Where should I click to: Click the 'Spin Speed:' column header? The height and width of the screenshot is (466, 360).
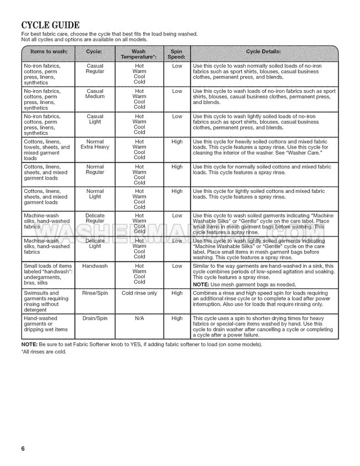[177, 55]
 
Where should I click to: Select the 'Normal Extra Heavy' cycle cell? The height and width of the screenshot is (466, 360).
[95, 145]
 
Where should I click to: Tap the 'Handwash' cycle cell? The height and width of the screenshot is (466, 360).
[95, 266]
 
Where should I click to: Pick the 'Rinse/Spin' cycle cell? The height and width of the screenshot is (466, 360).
[95, 293]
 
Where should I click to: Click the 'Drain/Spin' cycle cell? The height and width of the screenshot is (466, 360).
[95, 318]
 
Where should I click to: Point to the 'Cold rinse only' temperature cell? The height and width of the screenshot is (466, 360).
[139, 293]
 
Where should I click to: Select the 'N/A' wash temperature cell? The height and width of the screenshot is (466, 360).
[139, 318]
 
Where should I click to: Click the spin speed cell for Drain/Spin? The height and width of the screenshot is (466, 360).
[177, 318]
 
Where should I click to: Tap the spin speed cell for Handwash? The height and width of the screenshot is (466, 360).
[177, 266]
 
